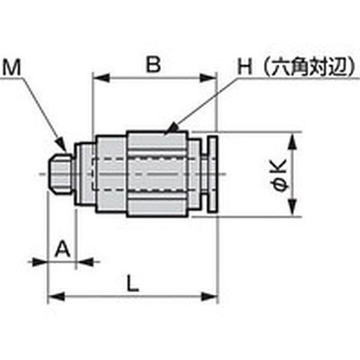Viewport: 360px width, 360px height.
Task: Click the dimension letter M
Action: (11, 67)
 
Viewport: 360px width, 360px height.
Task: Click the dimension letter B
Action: (153, 64)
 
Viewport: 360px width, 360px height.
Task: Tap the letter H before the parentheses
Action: (244, 67)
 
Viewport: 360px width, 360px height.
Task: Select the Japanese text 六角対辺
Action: (310, 67)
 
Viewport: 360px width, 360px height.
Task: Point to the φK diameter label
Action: (280, 175)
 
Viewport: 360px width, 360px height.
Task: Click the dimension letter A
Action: (62, 249)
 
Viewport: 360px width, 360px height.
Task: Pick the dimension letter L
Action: (133, 283)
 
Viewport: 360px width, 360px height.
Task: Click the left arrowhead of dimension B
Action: (101, 78)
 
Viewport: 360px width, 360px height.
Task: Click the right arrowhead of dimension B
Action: (207, 78)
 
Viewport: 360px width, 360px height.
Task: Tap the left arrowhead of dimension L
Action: (56, 297)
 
